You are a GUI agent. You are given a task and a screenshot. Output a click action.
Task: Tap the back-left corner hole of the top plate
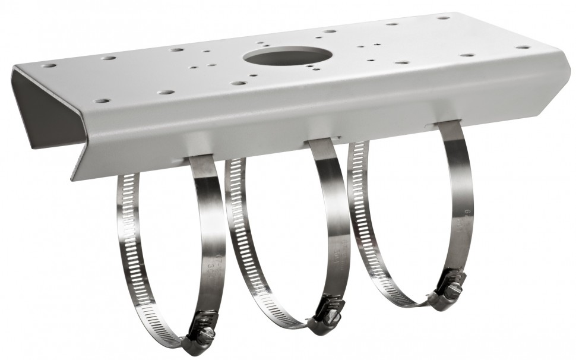[49, 65]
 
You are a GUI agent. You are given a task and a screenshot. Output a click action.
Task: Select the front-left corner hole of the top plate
[102, 101]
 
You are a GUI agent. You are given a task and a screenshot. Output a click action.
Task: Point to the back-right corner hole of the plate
[443, 17]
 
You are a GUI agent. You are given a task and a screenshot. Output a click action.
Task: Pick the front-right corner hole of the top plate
[523, 47]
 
